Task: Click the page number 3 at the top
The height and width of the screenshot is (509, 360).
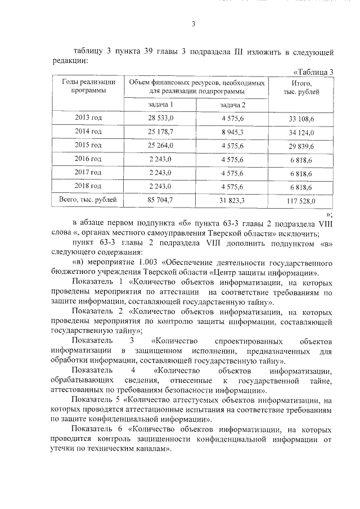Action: coord(193,24)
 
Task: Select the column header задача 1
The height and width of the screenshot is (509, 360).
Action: coord(160,105)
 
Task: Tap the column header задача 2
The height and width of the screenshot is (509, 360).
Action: coord(232,105)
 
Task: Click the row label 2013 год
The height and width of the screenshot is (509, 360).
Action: coord(88,118)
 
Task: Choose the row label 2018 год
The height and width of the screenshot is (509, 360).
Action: coord(88,186)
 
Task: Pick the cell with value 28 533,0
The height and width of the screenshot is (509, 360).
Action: coord(161,118)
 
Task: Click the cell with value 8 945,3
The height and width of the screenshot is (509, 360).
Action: coord(232,132)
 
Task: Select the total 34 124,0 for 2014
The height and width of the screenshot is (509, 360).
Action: coord(301,132)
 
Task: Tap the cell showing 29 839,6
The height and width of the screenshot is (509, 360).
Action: coord(301,146)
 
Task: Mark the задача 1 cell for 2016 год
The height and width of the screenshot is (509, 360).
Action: coord(161,159)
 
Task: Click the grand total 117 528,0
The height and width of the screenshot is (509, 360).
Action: coord(301,200)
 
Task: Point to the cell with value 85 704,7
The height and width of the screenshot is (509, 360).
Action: coord(161,200)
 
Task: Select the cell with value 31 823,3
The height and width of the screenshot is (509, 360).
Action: coord(232,200)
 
